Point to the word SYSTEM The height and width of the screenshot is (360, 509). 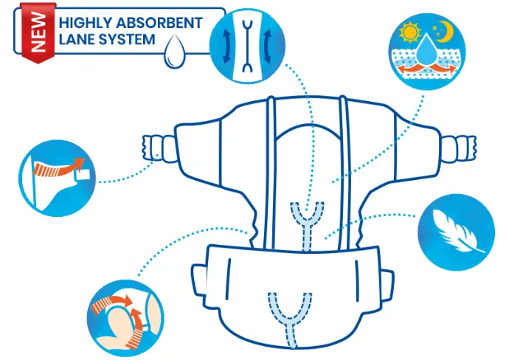tap(128, 39)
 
